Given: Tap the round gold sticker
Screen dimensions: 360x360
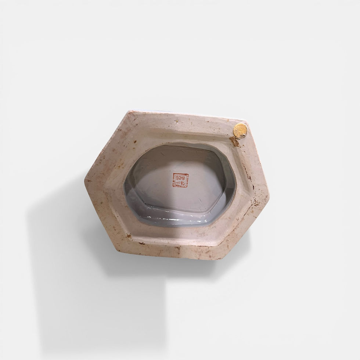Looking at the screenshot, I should coord(240,130).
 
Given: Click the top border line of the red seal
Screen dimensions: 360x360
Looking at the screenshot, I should coord(180,174).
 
